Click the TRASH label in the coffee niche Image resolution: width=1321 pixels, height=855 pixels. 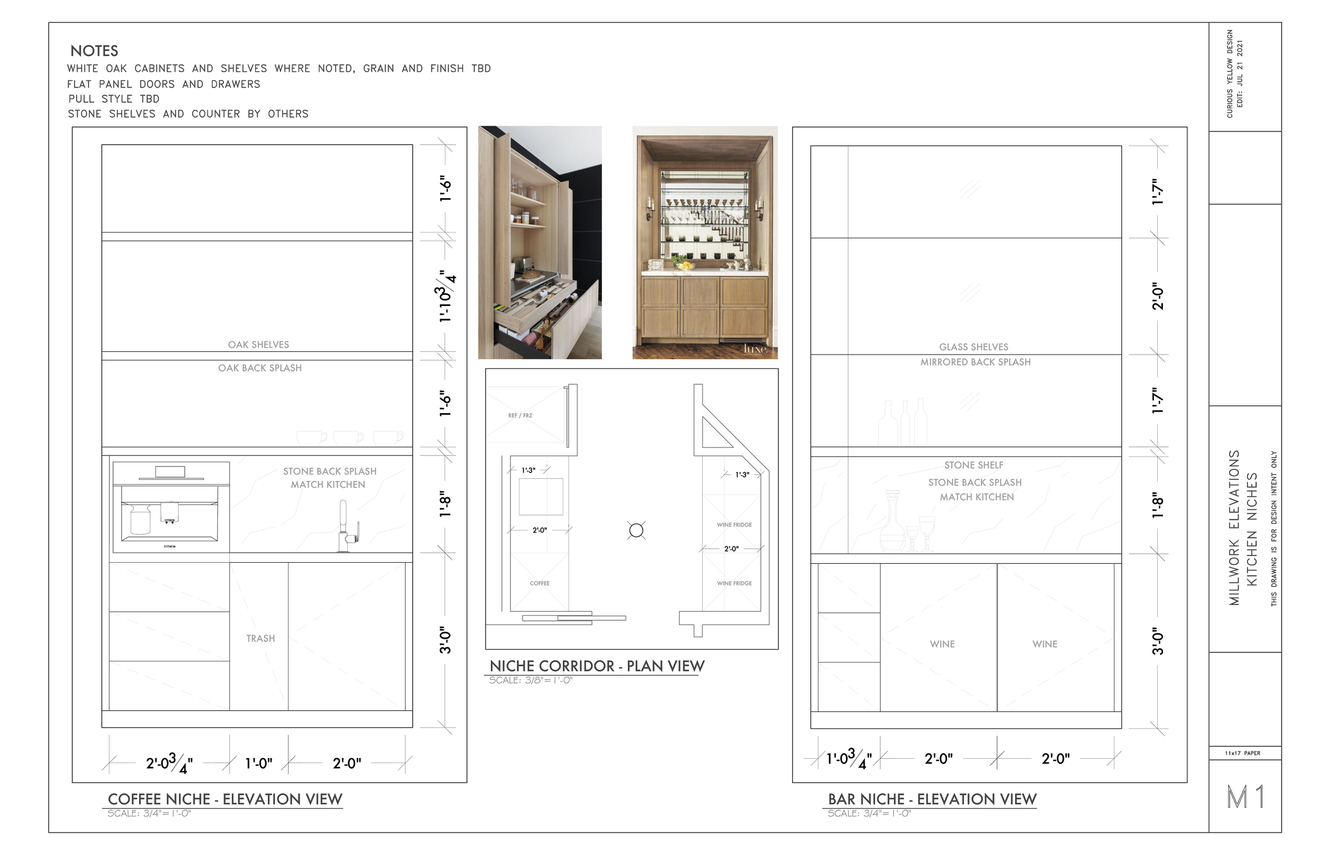pyautogui.click(x=261, y=638)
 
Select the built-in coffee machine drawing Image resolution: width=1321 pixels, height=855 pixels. pyautogui.click(x=171, y=507)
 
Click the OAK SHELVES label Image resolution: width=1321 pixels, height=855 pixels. pyautogui.click(x=258, y=345)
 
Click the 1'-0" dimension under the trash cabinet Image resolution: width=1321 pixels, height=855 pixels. pyautogui.click(x=258, y=764)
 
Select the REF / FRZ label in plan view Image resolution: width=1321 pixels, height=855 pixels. pyautogui.click(x=520, y=415)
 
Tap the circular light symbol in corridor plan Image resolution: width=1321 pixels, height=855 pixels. pyautogui.click(x=636, y=531)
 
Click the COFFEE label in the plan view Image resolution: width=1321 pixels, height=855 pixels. pyautogui.click(x=539, y=583)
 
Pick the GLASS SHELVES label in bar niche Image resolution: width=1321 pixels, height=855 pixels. pyautogui.click(x=973, y=347)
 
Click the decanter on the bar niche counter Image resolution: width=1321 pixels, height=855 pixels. pyautogui.click(x=892, y=522)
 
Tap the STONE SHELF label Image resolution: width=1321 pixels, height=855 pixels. pyautogui.click(x=973, y=465)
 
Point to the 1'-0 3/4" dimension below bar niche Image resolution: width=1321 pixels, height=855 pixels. pyautogui.click(x=849, y=759)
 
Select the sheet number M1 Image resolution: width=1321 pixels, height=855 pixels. pyautogui.click(x=1246, y=797)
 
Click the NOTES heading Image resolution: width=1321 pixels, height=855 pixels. pyautogui.click(x=95, y=51)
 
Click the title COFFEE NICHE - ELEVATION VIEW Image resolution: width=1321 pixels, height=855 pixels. pyautogui.click(x=225, y=799)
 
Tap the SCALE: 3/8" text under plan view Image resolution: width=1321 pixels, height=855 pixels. pyautogui.click(x=530, y=681)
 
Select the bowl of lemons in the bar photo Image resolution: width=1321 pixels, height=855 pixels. pyautogui.click(x=687, y=266)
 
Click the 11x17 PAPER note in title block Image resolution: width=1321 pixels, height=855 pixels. pyautogui.click(x=1242, y=754)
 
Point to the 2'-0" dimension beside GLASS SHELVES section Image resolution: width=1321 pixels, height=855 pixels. pyautogui.click(x=1157, y=296)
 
